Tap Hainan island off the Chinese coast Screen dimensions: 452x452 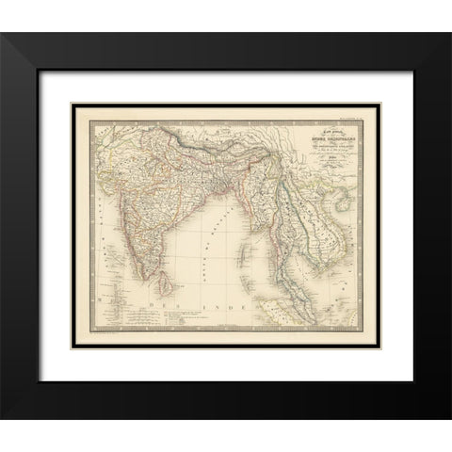[361, 179]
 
